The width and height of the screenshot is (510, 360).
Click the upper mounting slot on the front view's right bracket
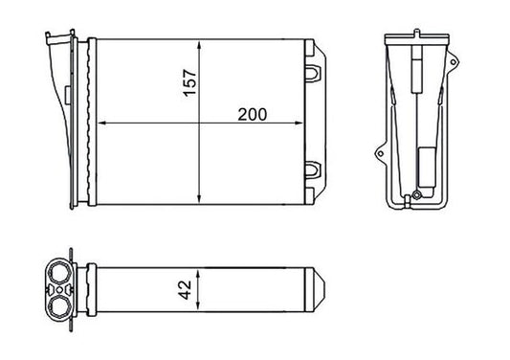tap(314, 70)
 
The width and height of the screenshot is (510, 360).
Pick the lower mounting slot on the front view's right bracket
tap(314, 171)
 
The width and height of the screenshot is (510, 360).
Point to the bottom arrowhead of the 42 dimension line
tap(197, 306)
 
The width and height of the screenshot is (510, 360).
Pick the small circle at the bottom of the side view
tap(409, 200)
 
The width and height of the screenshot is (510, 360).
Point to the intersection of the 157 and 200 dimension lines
tap(197, 123)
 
